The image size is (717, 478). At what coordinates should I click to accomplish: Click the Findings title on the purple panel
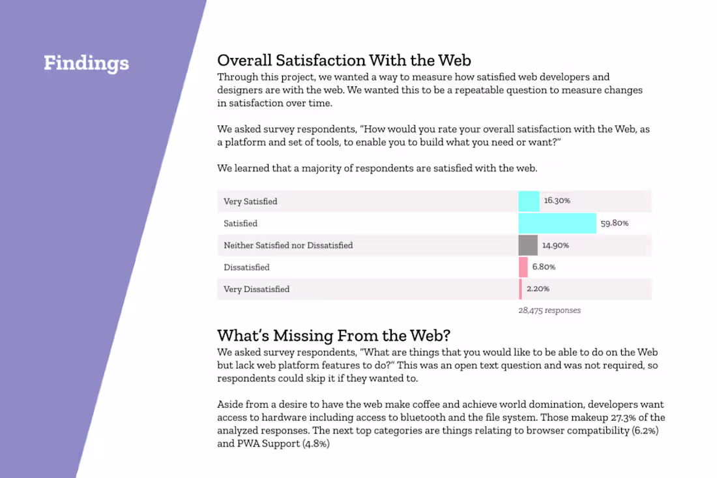pos(86,63)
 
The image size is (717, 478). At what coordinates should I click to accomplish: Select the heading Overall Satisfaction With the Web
pos(344,61)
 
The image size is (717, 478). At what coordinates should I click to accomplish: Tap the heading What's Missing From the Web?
pos(334,335)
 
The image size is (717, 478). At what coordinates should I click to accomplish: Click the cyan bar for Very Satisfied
pos(529,202)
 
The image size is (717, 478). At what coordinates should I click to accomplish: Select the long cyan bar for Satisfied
pos(557,223)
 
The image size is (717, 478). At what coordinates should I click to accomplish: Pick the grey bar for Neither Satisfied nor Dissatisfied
pos(528,245)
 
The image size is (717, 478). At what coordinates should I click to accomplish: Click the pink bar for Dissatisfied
pos(523,267)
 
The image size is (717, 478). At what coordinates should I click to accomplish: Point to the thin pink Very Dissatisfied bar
pos(520,289)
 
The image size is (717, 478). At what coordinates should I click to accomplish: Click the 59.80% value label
pos(614,223)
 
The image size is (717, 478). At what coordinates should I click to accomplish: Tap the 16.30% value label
pos(557,201)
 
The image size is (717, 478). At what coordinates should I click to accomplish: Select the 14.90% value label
pos(555,245)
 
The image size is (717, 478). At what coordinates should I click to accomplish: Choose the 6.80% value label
pos(544,267)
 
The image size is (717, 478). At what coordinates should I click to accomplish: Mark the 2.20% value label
pos(537,289)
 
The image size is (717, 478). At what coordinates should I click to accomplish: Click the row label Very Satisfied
pos(250,202)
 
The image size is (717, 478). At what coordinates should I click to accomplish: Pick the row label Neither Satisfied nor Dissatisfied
pos(288,245)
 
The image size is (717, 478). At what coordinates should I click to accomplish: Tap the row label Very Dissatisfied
pos(256,289)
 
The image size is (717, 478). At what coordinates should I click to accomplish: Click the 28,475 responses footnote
pos(549,310)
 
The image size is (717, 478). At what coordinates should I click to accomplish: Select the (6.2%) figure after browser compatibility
pos(649,431)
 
